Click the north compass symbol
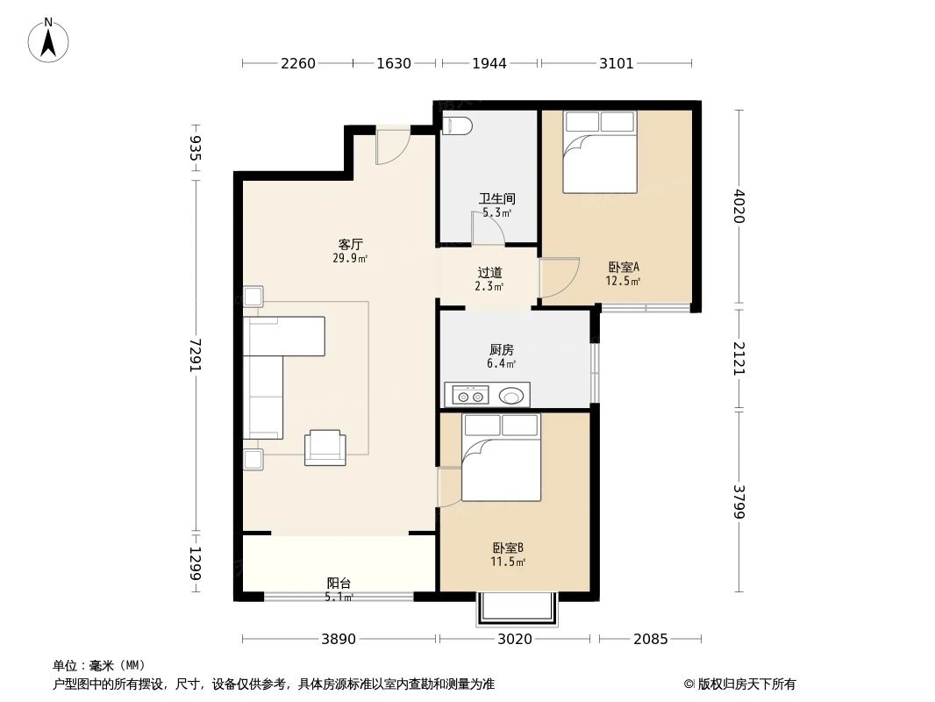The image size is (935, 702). tap(49, 40)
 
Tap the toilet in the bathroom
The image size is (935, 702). tap(457, 126)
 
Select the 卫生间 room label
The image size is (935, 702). tap(496, 199)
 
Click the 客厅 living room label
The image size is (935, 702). tap(351, 245)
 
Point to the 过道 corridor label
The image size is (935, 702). tap(489, 273)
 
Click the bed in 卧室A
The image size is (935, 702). tap(600, 152)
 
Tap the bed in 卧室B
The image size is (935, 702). tap(501, 458)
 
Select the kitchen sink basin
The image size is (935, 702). tap(513, 397)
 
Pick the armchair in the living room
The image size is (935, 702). tap(325, 447)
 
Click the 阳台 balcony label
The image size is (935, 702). tap(339, 583)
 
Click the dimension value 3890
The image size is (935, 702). tap(339, 640)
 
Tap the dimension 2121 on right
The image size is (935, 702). tap(739, 359)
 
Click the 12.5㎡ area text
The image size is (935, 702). tap(623, 282)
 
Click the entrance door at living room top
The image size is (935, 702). tap(392, 146)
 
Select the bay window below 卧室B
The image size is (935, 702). tap(517, 609)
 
